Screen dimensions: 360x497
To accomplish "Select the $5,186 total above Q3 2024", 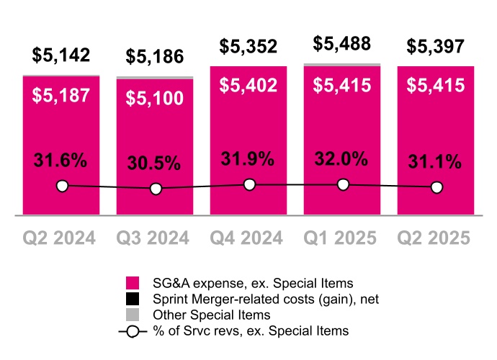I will pos(155,56).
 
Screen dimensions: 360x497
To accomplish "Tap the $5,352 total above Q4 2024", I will pos(248,48).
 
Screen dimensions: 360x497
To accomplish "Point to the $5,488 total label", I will pos(342,44).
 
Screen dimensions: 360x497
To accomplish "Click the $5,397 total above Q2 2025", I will pos(436,48).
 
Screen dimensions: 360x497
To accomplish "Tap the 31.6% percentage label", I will pos(61,160).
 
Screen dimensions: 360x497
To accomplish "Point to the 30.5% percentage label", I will pos(155,163).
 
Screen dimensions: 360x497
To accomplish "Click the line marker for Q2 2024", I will pos(62,186).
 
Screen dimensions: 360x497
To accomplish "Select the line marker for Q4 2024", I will pos(249,185).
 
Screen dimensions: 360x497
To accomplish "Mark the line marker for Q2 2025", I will pos(436,187).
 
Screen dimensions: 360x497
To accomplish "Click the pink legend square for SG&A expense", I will pos(132,282).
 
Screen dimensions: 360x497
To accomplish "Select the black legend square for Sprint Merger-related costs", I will pos(132,299).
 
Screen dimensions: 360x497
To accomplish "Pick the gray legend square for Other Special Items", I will pos(132,315).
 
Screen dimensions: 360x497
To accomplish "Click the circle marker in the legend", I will pos(132,331).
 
